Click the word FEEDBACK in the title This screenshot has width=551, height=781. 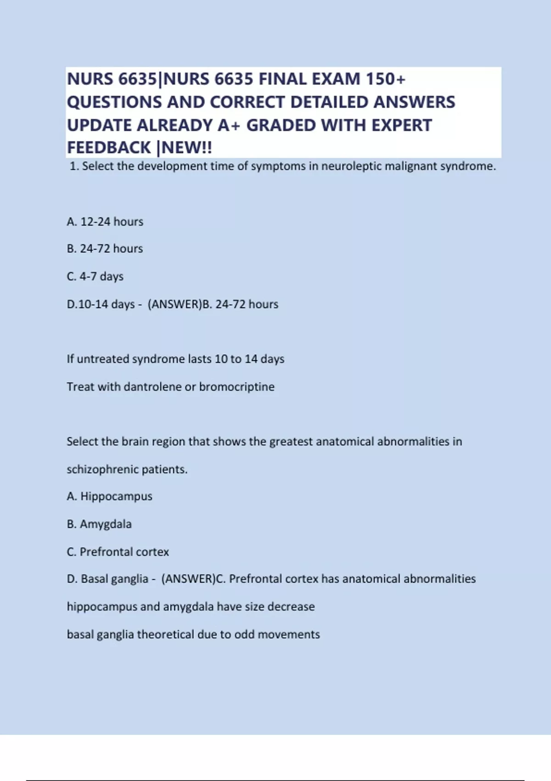(109, 147)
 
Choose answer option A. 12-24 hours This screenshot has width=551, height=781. (105, 221)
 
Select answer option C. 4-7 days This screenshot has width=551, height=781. (95, 276)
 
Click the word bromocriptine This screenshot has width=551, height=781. (236, 386)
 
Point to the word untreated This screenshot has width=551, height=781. (103, 359)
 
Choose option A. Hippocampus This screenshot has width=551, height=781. (110, 496)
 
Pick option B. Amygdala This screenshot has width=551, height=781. (99, 524)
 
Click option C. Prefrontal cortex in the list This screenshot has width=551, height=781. (118, 551)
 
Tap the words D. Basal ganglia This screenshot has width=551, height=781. (108, 578)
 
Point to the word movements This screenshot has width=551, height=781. (289, 634)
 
